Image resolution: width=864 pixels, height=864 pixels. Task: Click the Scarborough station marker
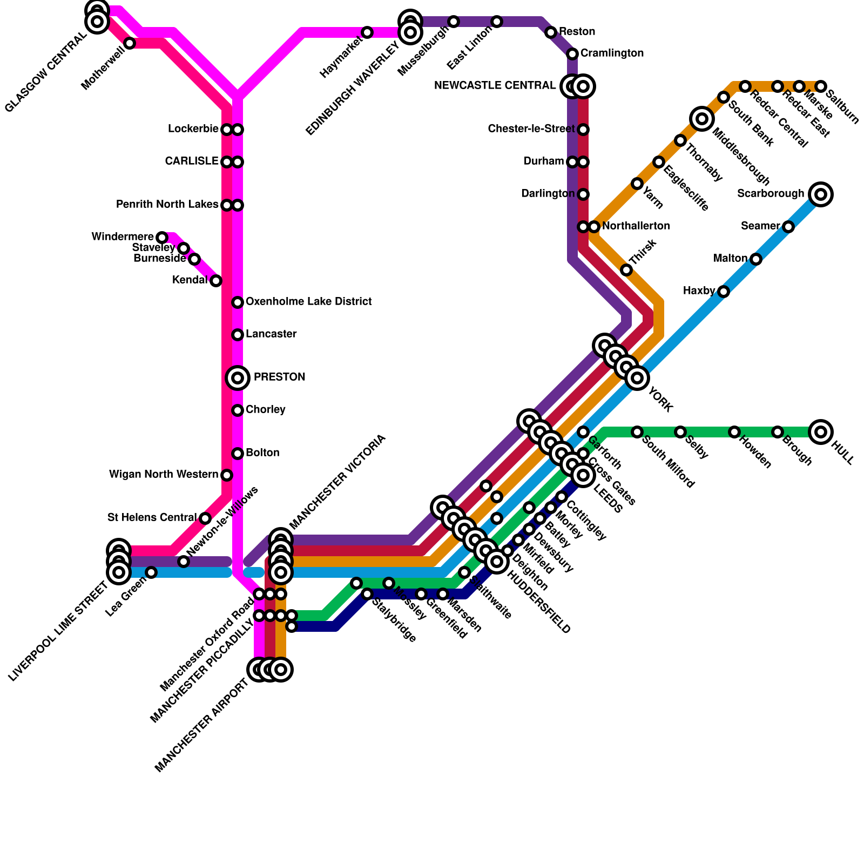[821, 194]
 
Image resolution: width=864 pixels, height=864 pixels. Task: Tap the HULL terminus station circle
[821, 432]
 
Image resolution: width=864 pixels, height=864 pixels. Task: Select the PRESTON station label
[279, 377]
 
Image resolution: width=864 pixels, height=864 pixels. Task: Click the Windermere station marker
[162, 238]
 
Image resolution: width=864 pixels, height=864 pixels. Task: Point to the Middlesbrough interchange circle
[702, 119]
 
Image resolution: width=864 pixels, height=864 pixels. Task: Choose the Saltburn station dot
[821, 86]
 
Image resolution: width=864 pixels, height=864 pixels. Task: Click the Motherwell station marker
[130, 43]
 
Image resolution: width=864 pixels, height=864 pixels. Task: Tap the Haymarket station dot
[367, 32]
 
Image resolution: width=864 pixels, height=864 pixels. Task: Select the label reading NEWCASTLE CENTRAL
[495, 86]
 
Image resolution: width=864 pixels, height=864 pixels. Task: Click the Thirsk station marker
[626, 270]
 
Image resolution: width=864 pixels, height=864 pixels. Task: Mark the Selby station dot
[680, 432]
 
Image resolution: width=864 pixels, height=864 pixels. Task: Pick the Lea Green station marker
[151, 572]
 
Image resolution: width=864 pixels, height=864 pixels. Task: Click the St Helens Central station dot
[205, 518]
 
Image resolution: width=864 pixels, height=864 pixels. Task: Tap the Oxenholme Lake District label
[308, 302]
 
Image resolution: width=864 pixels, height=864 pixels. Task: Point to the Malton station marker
[756, 259]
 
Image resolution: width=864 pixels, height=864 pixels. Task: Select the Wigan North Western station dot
[227, 475]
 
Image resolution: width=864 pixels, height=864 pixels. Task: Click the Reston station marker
[551, 32]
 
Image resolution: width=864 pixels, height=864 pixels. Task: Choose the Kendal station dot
[216, 281]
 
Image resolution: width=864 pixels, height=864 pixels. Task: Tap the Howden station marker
[734, 432]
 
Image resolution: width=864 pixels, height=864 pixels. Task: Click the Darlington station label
[548, 194]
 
